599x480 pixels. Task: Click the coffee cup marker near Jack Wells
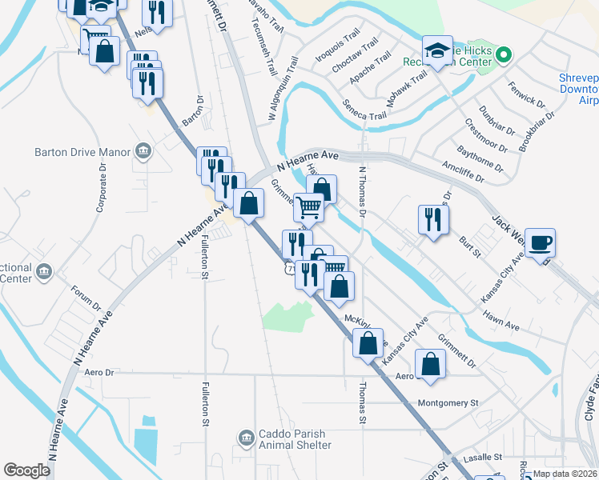click(540, 242)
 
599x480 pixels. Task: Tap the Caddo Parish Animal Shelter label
click(295, 439)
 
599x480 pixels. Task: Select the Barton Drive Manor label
click(80, 150)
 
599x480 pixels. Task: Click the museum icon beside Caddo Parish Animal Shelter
click(246, 438)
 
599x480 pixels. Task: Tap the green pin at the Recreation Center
click(503, 55)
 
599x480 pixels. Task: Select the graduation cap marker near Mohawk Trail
click(437, 50)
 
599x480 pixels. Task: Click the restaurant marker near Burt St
click(432, 220)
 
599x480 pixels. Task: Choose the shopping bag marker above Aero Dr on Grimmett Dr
click(431, 365)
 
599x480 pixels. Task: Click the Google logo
click(26, 470)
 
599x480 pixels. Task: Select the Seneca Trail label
click(364, 110)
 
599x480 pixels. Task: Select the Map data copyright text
click(565, 474)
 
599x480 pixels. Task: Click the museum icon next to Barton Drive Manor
click(144, 150)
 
